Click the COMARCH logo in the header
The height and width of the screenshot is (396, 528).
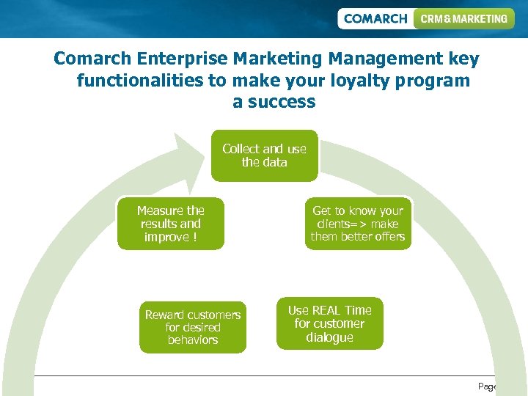375,18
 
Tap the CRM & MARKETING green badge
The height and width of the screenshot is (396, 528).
463,18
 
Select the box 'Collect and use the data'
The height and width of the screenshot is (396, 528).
264,155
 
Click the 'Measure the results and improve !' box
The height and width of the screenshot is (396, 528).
170,224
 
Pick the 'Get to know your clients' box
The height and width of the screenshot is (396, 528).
358,224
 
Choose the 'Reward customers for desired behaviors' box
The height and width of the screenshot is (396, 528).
193,327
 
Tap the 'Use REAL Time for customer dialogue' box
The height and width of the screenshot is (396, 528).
329,323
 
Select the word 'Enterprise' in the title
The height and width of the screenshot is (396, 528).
183,58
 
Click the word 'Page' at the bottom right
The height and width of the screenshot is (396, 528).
487,386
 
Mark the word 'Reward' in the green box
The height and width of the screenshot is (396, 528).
165,315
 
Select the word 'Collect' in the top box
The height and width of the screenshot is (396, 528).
241,149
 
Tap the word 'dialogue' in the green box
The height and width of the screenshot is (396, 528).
329,337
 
